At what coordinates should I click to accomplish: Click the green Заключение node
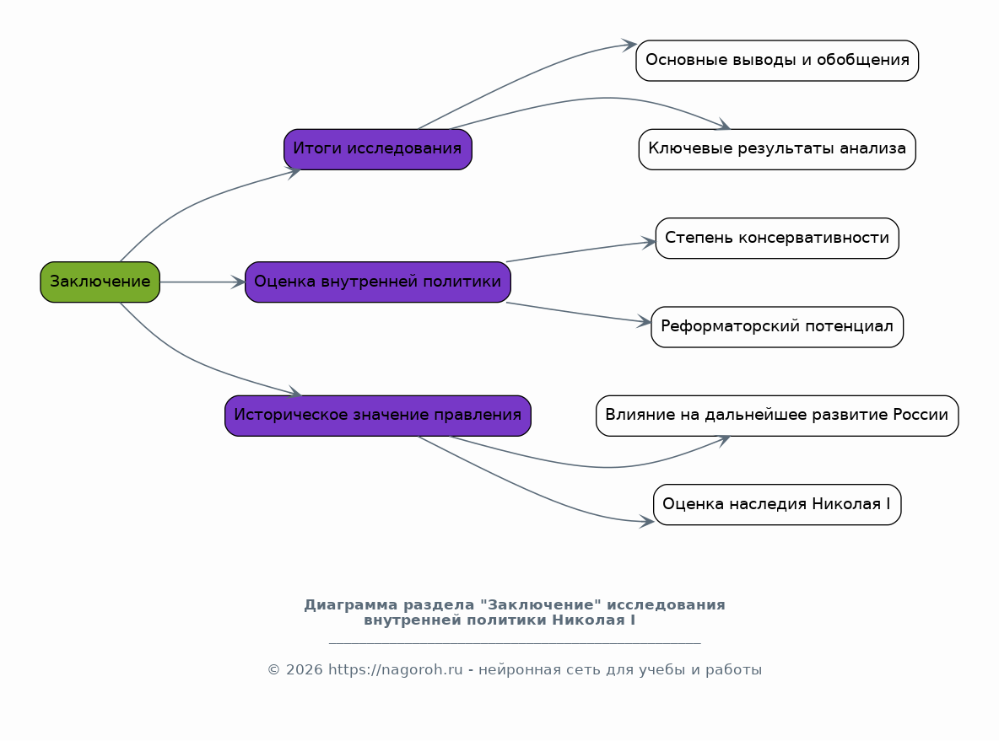(x=100, y=282)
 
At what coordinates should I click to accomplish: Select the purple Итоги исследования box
(x=378, y=149)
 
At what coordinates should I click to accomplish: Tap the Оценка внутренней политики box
(x=378, y=282)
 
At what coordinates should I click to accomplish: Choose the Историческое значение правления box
(x=378, y=416)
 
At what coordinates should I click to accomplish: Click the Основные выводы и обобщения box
(x=777, y=61)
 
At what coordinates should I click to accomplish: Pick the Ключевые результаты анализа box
(x=777, y=149)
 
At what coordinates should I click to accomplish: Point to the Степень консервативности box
(x=777, y=238)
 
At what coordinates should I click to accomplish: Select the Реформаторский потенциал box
(x=777, y=327)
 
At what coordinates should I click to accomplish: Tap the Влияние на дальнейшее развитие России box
(x=777, y=416)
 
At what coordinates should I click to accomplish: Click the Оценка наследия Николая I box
(x=777, y=505)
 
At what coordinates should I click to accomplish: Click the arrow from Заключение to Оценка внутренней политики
(x=202, y=282)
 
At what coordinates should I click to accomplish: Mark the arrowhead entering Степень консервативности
(x=649, y=242)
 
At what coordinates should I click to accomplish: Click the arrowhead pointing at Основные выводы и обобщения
(x=629, y=45)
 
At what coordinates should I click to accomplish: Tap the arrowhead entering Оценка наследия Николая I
(x=646, y=521)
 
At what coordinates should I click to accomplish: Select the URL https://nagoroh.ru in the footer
(x=395, y=669)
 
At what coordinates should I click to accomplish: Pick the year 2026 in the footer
(x=305, y=669)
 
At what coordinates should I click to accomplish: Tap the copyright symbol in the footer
(x=274, y=669)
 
